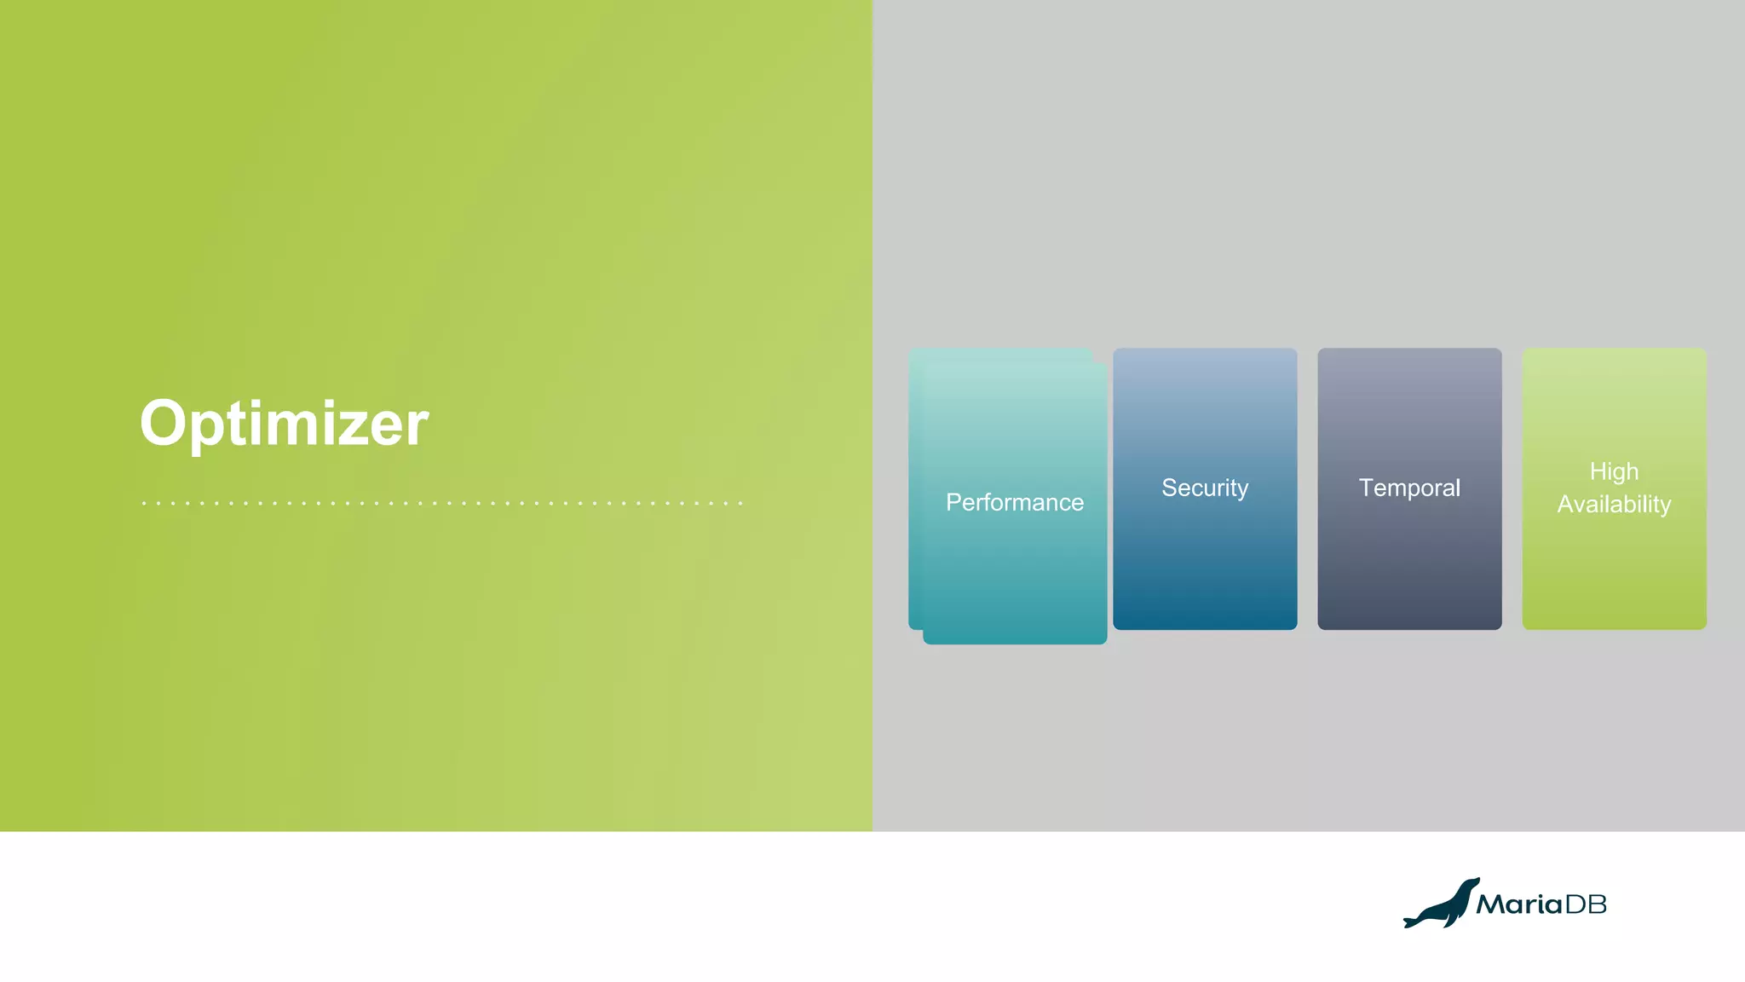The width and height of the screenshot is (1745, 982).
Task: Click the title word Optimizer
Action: tap(284, 424)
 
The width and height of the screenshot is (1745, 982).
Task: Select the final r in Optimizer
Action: tap(417, 429)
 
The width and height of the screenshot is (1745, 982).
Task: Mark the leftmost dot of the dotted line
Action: tap(144, 504)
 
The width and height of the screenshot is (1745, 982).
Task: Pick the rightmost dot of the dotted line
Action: tap(740, 504)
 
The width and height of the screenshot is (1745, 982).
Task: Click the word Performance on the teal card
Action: tap(1015, 503)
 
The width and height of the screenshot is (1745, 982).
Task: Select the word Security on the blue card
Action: tap(1205, 488)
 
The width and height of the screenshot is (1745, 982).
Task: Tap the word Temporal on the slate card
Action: tap(1409, 488)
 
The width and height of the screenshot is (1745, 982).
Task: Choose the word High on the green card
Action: tap(1614, 471)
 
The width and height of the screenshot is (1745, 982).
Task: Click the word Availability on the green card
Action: tap(1614, 505)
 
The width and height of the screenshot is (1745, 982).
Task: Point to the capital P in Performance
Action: tap(953, 502)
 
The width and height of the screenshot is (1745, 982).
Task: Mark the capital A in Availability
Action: tap(1566, 505)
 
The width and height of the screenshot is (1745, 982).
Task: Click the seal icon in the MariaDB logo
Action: tap(1441, 905)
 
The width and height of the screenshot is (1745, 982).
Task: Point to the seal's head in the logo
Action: tap(1471, 884)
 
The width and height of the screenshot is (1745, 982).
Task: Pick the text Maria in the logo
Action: tap(1519, 904)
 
